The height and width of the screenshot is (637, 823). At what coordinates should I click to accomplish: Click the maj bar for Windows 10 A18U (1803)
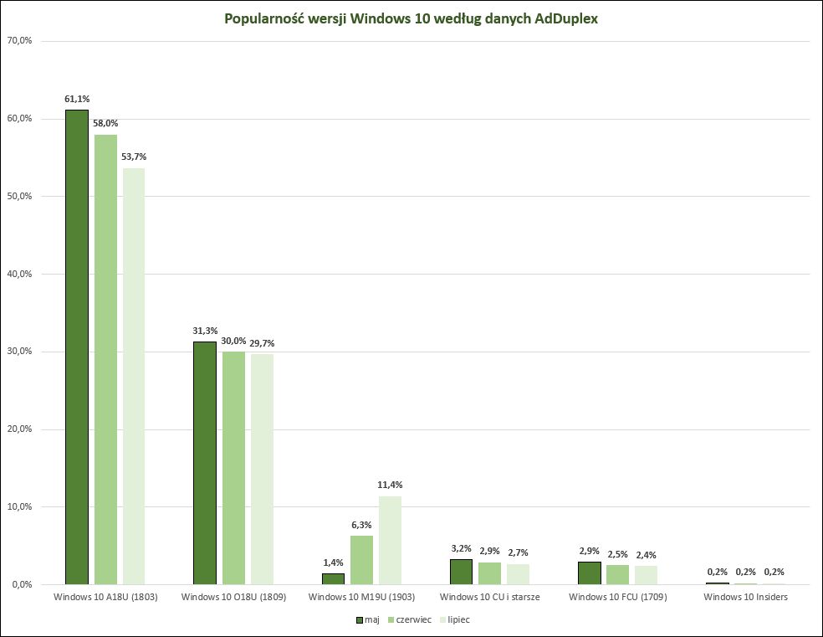(77, 347)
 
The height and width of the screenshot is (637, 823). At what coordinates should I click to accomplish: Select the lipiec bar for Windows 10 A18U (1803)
(134, 376)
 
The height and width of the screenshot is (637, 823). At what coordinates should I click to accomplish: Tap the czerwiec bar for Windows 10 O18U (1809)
(233, 468)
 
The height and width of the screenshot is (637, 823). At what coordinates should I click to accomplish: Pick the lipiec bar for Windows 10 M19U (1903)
(390, 540)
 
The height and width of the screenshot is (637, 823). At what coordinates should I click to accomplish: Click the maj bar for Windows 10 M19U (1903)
(333, 578)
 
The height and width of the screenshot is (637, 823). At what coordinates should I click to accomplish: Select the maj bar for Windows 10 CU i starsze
(461, 572)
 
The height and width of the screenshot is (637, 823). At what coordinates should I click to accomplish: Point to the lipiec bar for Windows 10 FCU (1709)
(646, 575)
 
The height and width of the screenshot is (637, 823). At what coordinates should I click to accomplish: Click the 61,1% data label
(77, 99)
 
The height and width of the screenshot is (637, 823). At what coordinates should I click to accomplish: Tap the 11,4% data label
(390, 485)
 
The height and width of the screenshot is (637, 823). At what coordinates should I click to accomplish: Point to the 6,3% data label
(361, 525)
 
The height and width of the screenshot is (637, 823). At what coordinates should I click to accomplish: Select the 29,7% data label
(262, 342)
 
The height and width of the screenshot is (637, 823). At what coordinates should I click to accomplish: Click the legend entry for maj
(366, 619)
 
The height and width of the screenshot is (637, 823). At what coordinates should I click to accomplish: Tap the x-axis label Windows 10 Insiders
(745, 597)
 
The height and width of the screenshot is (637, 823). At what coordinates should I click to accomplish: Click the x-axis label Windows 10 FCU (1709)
(617, 597)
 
